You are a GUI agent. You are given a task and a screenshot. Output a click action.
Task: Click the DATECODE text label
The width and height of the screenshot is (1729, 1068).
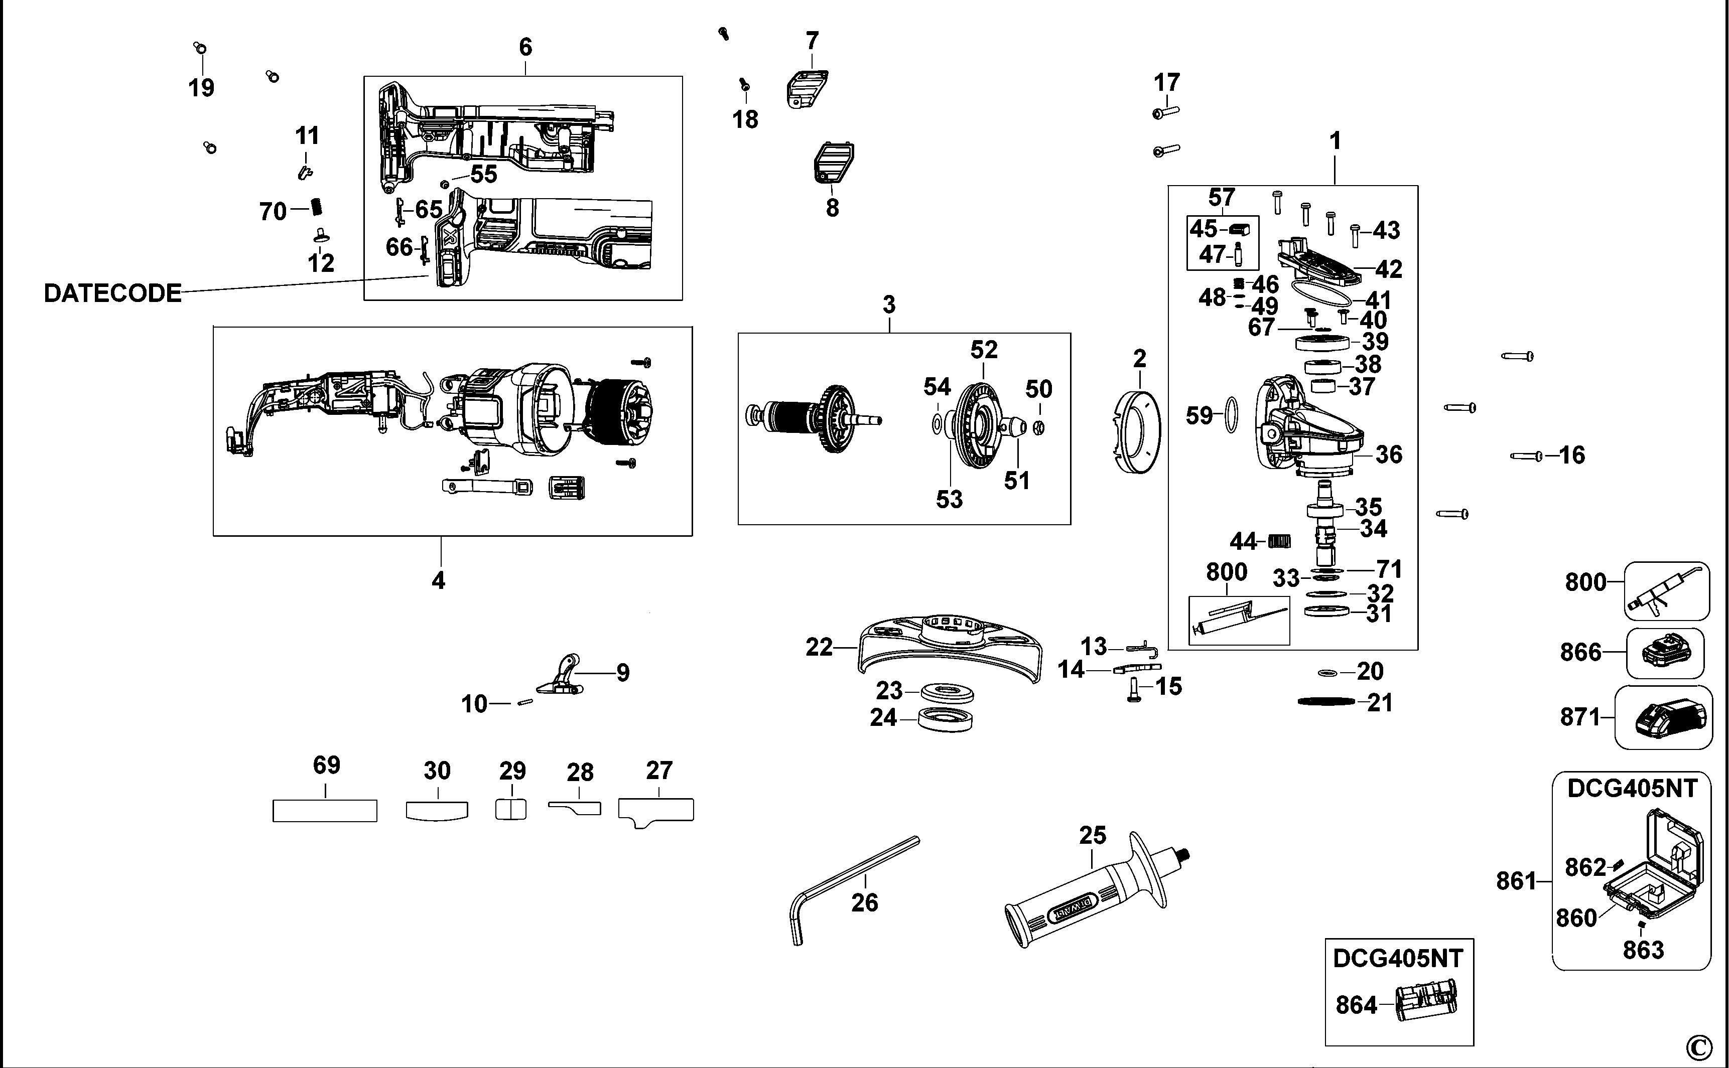112,293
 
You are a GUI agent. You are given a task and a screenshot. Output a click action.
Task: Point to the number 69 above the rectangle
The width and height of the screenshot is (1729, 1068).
326,765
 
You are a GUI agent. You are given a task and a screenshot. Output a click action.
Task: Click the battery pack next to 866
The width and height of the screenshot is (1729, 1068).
1665,653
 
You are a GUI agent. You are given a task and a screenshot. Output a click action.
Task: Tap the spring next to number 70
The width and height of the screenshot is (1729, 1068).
317,208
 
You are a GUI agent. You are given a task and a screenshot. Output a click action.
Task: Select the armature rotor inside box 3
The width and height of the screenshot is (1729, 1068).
813,417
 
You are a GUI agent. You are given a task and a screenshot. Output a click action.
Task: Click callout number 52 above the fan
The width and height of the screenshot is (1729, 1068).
984,350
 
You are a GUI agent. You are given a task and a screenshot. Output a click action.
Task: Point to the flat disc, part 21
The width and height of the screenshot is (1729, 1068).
1326,701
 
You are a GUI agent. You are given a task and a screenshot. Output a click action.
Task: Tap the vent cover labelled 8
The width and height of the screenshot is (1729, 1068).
832,164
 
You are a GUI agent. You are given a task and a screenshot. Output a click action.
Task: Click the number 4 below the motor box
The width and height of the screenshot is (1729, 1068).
438,580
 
